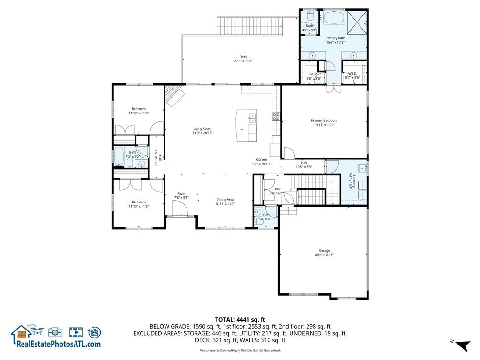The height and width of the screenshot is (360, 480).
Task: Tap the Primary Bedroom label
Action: click(x=324, y=120)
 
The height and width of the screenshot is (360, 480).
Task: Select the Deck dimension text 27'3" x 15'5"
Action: click(x=243, y=61)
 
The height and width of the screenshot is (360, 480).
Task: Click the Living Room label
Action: click(x=202, y=128)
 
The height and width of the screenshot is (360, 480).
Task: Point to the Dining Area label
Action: click(x=225, y=199)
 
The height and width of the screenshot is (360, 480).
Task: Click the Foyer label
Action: click(x=181, y=193)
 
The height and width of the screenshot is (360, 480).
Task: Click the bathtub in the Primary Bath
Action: click(x=333, y=18)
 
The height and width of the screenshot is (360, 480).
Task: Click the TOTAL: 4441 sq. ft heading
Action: click(x=240, y=320)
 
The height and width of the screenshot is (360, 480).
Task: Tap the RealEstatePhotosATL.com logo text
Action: click(x=59, y=344)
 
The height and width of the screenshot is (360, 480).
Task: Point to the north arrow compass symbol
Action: click(x=462, y=346)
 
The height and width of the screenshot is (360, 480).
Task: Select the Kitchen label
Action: click(x=261, y=159)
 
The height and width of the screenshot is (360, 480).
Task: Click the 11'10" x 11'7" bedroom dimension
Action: click(x=138, y=113)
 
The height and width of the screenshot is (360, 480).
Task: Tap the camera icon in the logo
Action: click(x=55, y=332)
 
